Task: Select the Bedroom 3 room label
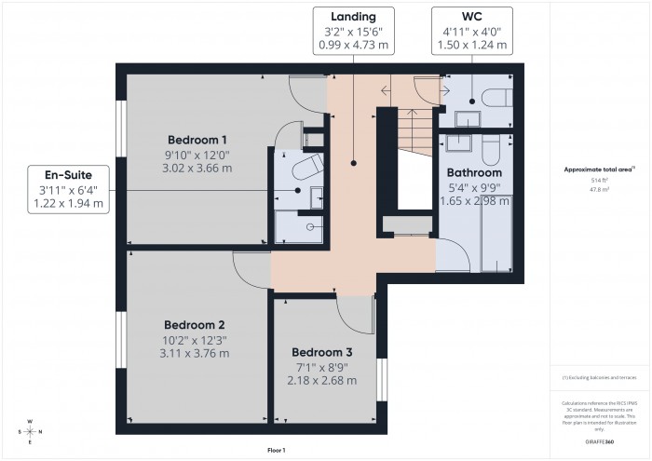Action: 321,352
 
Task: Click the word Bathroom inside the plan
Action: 474,172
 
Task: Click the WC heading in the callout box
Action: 472,17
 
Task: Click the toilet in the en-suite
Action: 305,168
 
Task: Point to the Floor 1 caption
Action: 277,450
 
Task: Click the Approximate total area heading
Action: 599,169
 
